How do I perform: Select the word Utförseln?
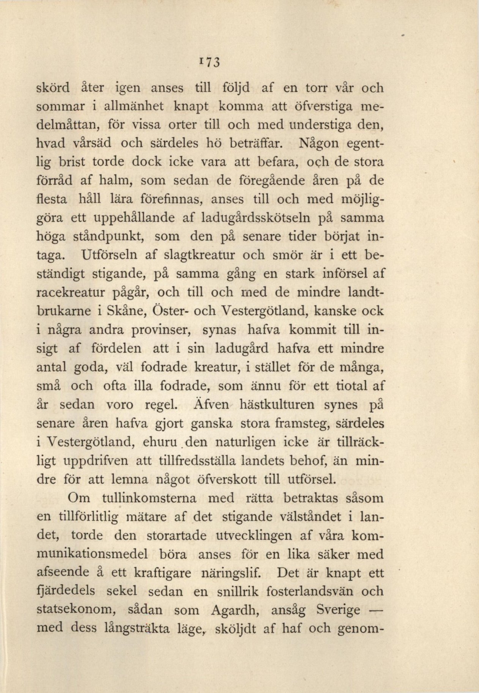(x=111, y=255)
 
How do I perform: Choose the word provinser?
(x=161, y=330)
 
